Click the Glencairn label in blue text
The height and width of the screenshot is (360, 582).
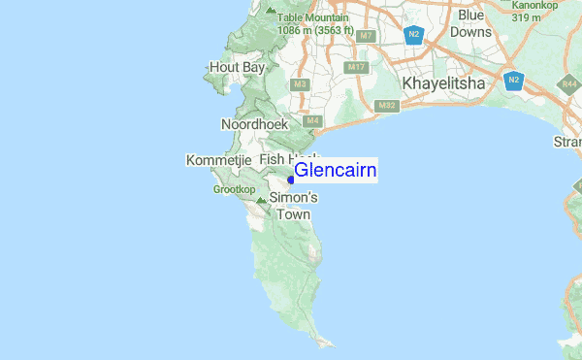336,171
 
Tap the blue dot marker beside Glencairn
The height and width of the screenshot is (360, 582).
290,179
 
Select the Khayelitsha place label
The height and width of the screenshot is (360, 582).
444,84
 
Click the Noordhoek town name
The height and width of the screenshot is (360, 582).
255,125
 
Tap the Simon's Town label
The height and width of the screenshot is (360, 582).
292,206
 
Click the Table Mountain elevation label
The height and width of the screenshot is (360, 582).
314,23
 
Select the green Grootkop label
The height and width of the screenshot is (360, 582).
234,189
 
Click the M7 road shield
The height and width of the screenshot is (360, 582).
366,36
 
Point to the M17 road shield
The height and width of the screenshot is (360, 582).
355,67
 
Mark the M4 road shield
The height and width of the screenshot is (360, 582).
312,121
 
